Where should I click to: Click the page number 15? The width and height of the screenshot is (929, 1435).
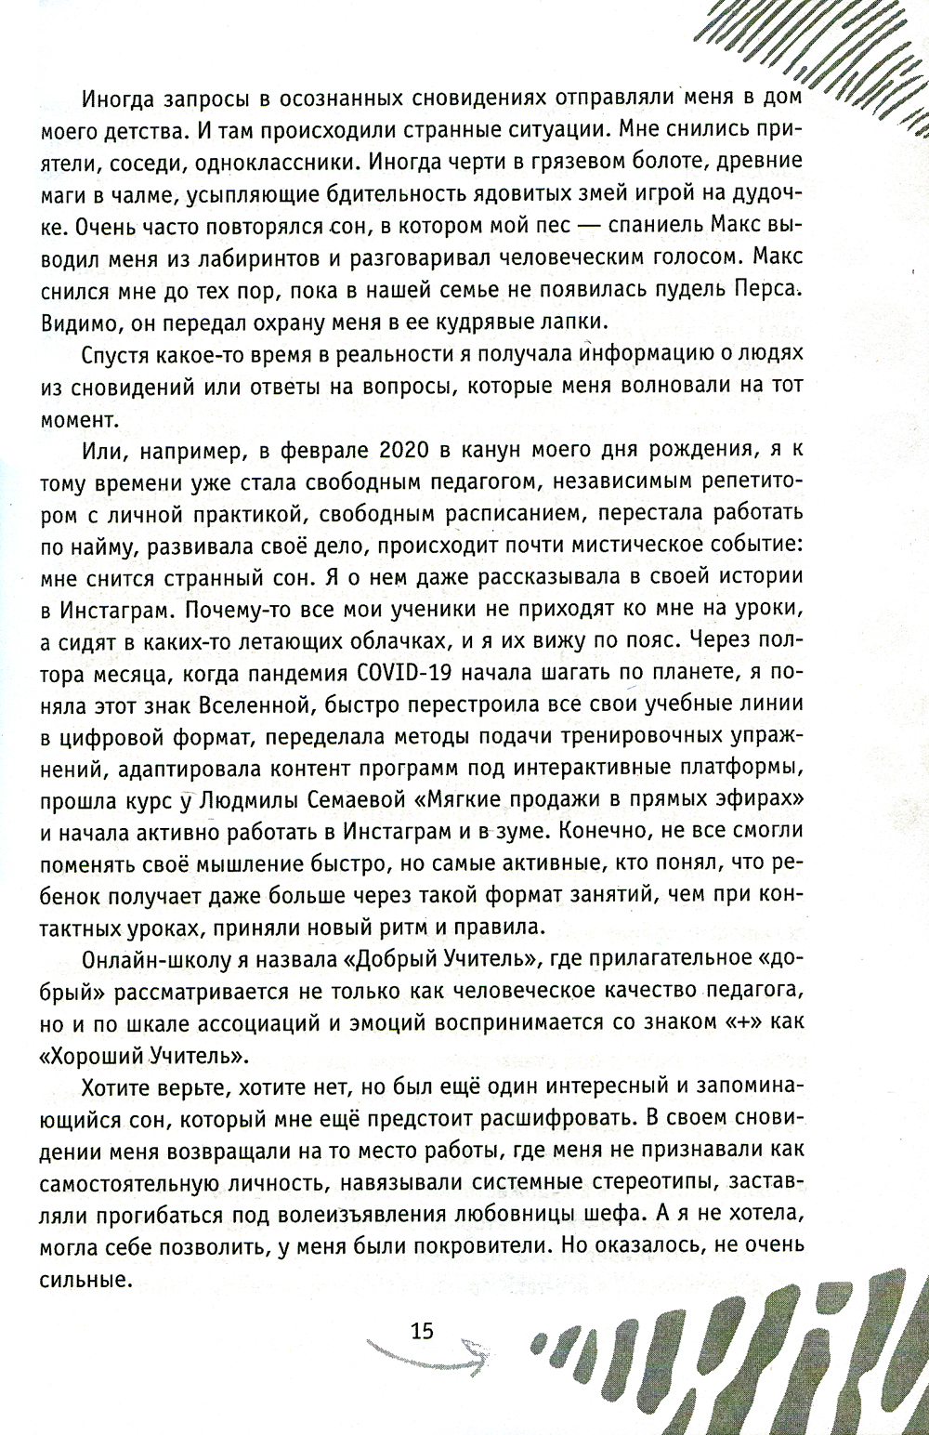tap(422, 1330)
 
